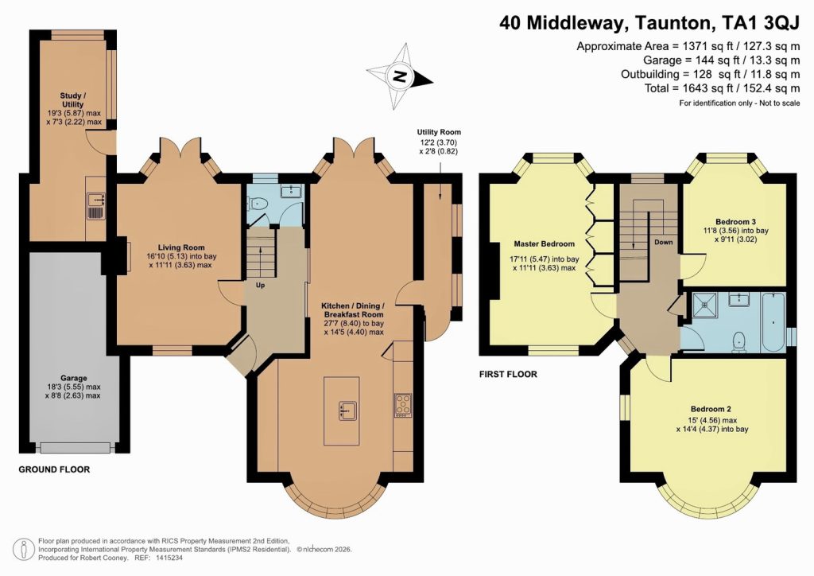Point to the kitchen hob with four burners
(403, 406)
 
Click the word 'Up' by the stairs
(260, 284)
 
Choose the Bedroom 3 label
(735, 220)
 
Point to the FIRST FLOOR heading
(508, 374)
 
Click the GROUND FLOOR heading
(54, 470)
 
